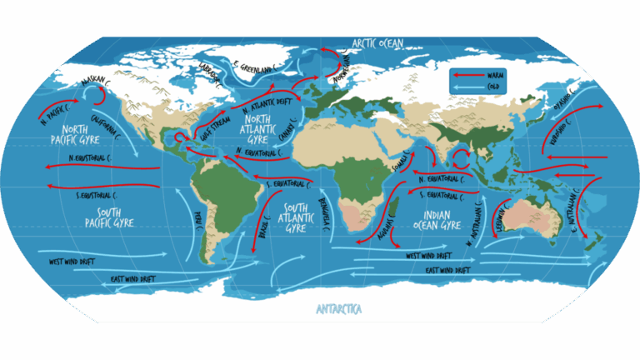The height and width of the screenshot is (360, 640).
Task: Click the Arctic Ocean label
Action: pyautogui.click(x=377, y=43)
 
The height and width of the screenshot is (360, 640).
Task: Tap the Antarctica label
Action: pyautogui.click(x=339, y=309)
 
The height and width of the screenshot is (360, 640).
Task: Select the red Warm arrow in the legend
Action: pyautogui.click(x=469, y=74)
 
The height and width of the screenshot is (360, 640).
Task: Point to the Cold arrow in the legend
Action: pyautogui.click(x=469, y=85)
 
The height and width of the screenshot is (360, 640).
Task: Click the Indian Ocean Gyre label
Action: pyautogui.click(x=437, y=219)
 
